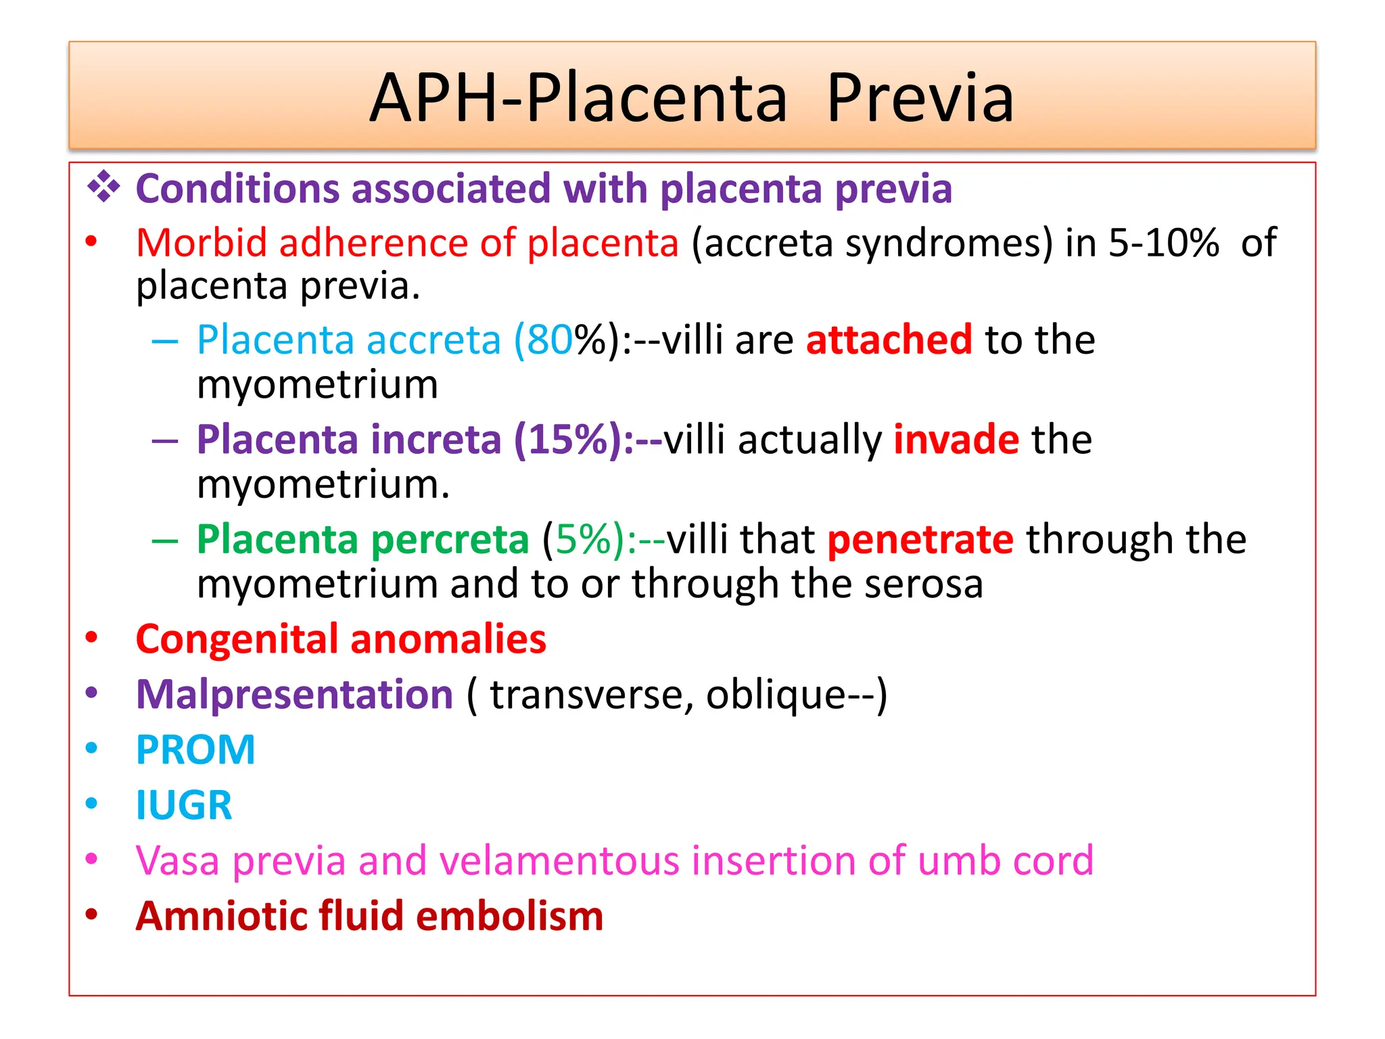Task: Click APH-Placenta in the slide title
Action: pyautogui.click(x=578, y=99)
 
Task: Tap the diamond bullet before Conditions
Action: pyautogui.click(x=103, y=187)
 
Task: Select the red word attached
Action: pyautogui.click(x=889, y=340)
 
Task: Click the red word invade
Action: pyautogui.click(x=956, y=440)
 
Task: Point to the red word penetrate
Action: pyautogui.click(x=920, y=540)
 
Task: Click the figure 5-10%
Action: pyautogui.click(x=1163, y=243)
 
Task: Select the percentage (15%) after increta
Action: pyautogui.click(x=573, y=440)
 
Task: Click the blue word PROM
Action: pyautogui.click(x=195, y=750)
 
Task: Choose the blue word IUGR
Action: pyautogui.click(x=184, y=806)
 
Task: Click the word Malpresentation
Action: pyautogui.click(x=294, y=695)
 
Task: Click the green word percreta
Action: pyautogui.click(x=450, y=540)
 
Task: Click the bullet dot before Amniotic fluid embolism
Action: pyautogui.click(x=92, y=915)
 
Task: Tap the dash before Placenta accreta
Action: pyautogui.click(x=164, y=341)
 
